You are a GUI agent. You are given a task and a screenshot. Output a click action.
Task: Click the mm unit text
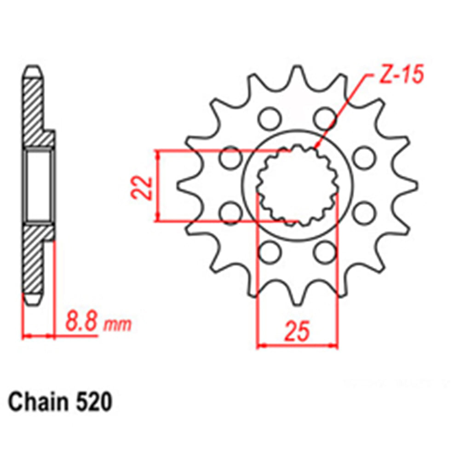[x=118, y=324]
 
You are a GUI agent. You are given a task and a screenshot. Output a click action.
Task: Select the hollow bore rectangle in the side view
[x=38, y=186]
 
